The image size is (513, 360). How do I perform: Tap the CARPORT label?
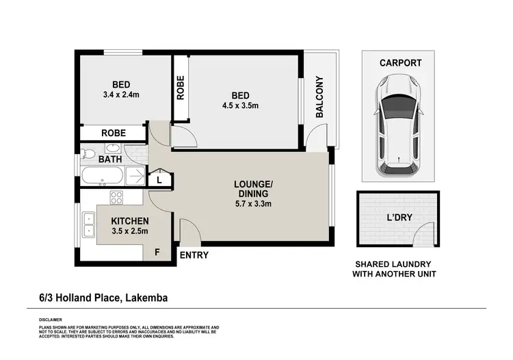tap(400, 63)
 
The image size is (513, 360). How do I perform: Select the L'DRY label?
tap(397, 218)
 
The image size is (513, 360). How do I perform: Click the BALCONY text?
tap(319, 98)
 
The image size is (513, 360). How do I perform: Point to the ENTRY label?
tap(194, 255)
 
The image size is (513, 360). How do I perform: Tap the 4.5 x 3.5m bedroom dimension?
tap(240, 105)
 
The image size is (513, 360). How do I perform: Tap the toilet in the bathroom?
tap(84, 152)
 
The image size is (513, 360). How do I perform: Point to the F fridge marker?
tap(157, 252)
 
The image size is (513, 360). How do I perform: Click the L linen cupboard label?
tap(159, 180)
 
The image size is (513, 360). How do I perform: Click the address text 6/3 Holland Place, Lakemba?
tap(103, 298)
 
